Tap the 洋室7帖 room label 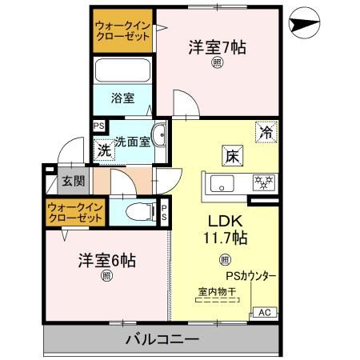tap(218, 46)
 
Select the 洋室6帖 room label tap(106, 260)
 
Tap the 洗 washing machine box tap(104, 148)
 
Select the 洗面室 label tap(132, 142)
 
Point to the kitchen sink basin tap(222, 183)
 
